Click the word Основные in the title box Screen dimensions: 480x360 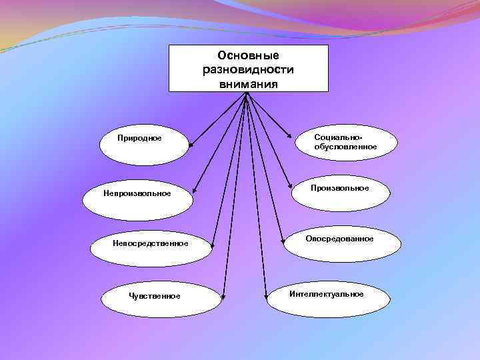coord(248,55)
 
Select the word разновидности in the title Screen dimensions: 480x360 coord(248,69)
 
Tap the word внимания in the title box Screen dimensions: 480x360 coord(248,83)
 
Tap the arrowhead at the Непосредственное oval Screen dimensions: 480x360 coord(212,245)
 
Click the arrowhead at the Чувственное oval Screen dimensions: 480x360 coord(225,291)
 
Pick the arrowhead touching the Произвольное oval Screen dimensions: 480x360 coord(289,186)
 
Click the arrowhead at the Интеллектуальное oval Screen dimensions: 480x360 coord(266,291)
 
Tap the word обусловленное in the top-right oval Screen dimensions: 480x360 coord(346,147)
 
